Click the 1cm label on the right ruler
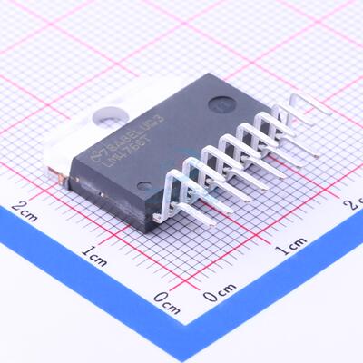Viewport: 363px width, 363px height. pyautogui.click(x=291, y=249)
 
